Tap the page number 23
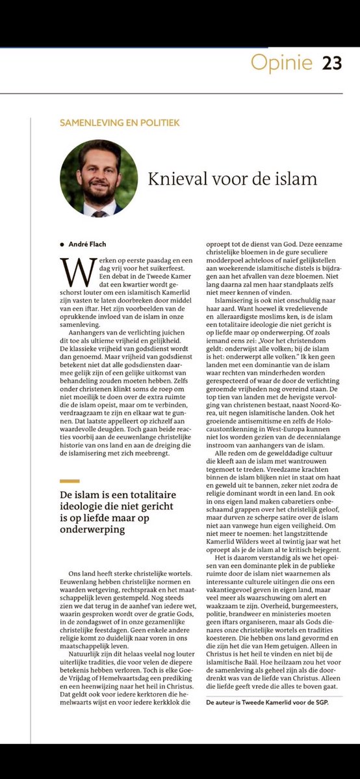(333, 64)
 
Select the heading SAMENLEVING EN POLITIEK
(120, 121)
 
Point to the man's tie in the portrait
(98, 212)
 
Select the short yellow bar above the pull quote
(70, 481)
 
